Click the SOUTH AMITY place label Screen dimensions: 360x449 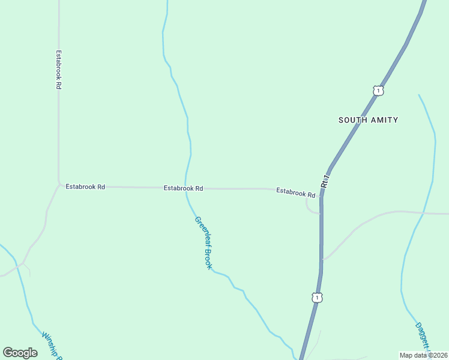[368, 120]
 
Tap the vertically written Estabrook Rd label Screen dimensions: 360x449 [59, 70]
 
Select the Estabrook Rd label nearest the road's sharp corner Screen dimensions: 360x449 [85, 187]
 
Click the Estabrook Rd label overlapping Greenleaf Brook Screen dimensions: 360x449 [183, 188]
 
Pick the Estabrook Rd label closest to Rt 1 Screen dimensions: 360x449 [295, 193]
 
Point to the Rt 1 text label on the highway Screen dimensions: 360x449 [325, 181]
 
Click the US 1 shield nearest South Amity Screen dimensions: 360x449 [378, 91]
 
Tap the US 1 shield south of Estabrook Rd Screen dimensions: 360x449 [316, 297]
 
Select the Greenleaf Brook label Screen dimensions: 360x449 [203, 242]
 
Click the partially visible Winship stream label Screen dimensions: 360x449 [53, 345]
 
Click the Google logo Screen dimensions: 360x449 [20, 353]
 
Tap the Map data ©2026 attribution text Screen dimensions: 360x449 [423, 355]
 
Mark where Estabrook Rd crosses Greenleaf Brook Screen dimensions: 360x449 [185, 188]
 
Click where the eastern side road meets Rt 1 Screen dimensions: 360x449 [322, 260]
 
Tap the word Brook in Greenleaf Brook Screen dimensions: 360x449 [208, 258]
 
